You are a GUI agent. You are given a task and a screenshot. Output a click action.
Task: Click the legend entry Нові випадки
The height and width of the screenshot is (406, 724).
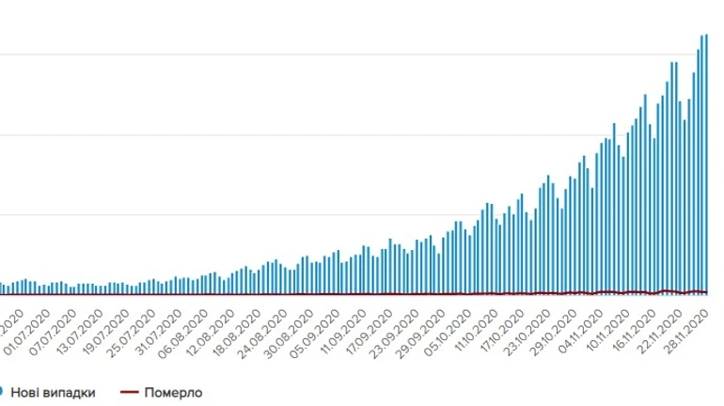point(53,392)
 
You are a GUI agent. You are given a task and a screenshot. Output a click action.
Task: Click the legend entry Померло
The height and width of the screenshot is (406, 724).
point(173,392)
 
